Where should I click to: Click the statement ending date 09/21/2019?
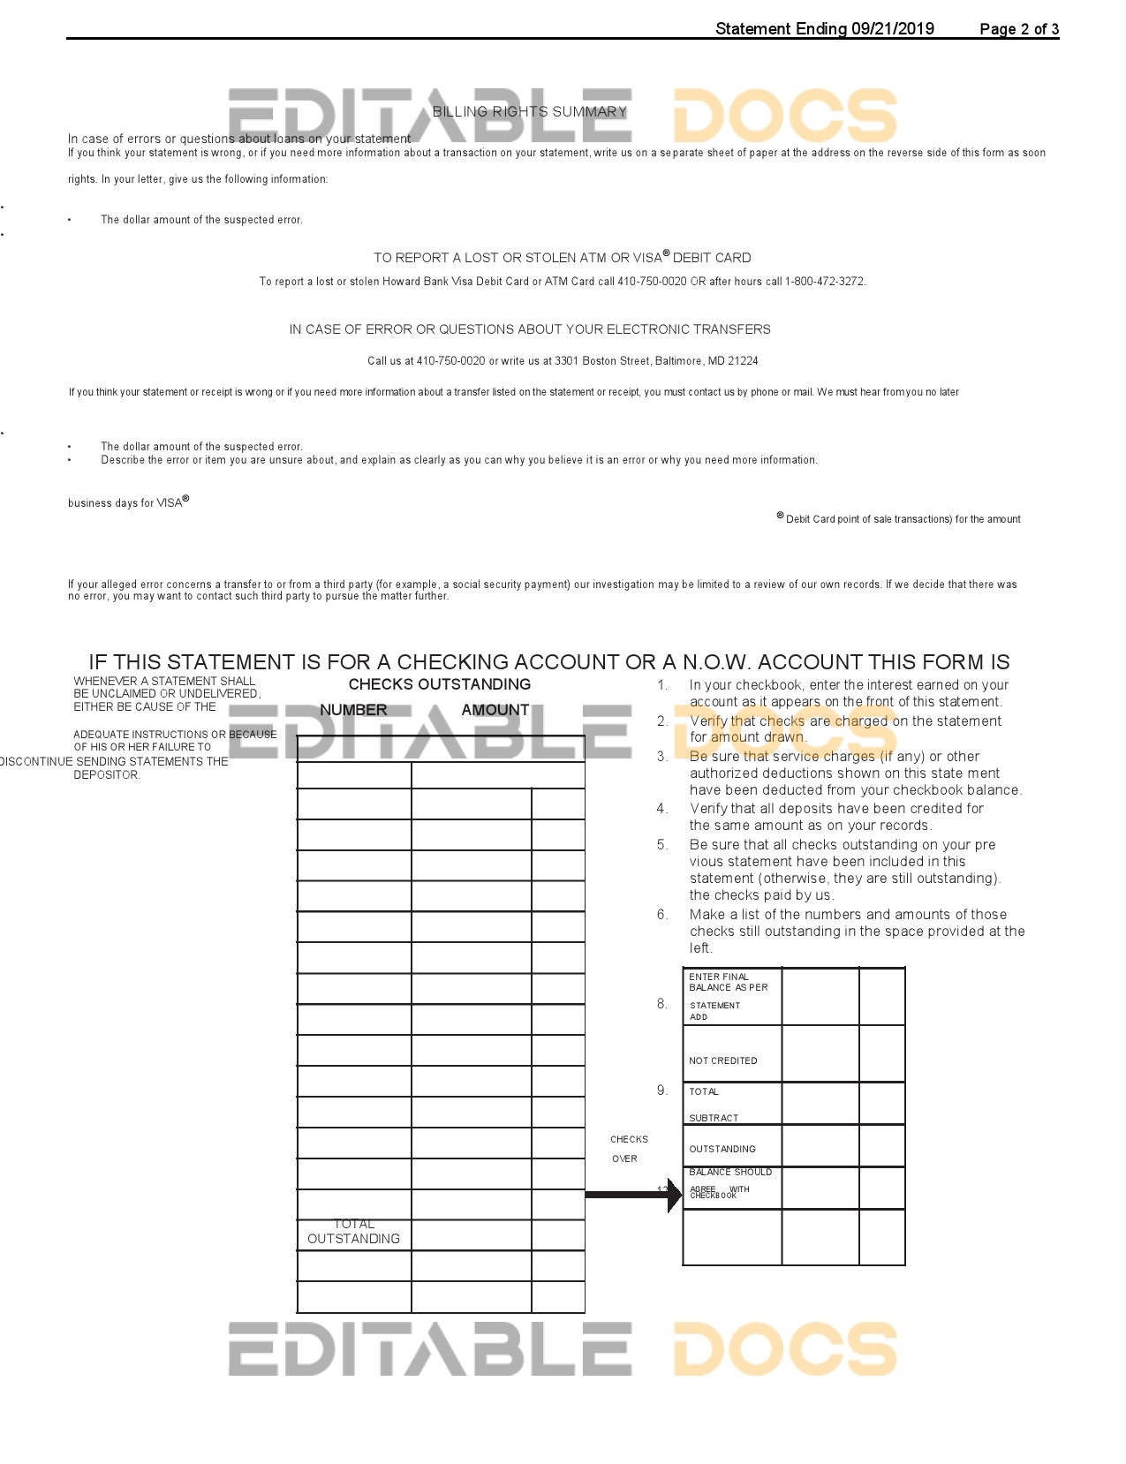point(892,29)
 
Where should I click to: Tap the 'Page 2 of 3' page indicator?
point(1019,29)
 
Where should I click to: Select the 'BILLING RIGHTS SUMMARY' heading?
point(529,112)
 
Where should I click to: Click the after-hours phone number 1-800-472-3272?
point(825,282)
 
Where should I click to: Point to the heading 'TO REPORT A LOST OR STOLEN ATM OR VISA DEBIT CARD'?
point(562,258)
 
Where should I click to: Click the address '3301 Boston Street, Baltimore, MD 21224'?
point(656,361)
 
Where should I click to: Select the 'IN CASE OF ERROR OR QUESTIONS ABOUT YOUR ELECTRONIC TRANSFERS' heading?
point(530,329)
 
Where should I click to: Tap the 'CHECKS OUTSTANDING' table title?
point(439,684)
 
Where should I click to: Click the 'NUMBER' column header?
point(353,710)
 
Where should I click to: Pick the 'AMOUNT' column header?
point(495,710)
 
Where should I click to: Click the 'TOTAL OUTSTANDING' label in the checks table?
point(353,1232)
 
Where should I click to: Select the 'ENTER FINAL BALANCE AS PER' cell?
point(729,982)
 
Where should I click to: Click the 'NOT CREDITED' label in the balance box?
point(722,1061)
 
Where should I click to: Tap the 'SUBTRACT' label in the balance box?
point(714,1118)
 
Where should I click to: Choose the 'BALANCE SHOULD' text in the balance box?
point(730,1173)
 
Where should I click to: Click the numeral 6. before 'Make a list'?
point(662,915)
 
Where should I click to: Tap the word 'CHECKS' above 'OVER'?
point(629,1140)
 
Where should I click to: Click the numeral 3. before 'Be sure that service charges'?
point(662,757)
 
